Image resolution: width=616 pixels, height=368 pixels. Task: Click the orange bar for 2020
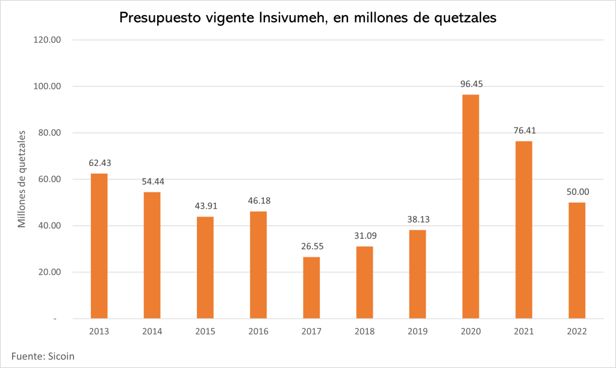click(470, 206)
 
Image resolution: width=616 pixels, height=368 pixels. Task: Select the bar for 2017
click(311, 287)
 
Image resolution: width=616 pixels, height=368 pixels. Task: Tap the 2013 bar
click(99, 246)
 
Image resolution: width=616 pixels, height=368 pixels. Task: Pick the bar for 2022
click(577, 260)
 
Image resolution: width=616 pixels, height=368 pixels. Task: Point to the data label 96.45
click(470, 84)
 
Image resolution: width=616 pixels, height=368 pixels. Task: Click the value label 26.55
click(311, 247)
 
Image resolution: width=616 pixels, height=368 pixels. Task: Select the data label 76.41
click(523, 130)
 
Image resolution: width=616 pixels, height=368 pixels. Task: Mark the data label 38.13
click(417, 219)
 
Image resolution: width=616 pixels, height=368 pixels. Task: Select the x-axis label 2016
click(258, 331)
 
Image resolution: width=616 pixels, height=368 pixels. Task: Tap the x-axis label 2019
click(417, 331)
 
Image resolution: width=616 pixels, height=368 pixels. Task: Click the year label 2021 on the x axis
click(523, 331)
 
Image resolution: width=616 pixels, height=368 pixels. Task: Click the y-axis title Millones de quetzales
click(22, 179)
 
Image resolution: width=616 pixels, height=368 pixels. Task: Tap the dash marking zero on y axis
click(55, 319)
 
